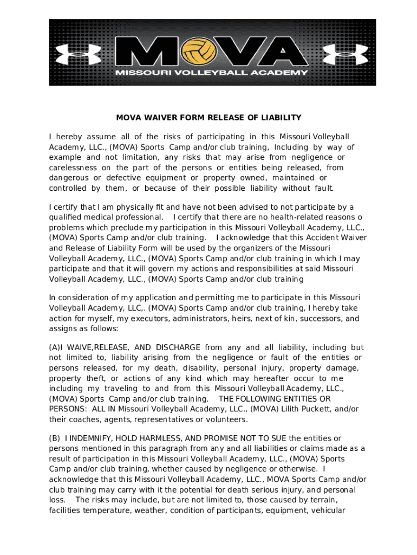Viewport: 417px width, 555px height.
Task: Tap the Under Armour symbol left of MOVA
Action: (x=80, y=53)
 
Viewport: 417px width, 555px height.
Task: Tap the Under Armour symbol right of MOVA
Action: (x=337, y=53)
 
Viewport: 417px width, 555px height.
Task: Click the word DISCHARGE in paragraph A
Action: (x=178, y=347)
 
